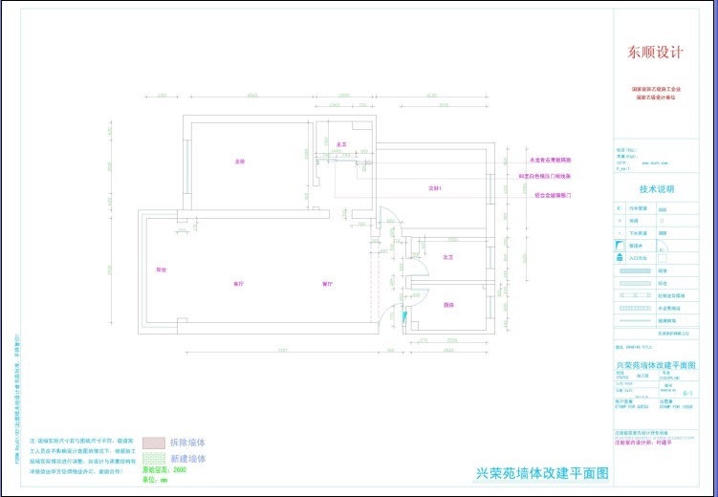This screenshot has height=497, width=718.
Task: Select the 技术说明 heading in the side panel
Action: pyautogui.click(x=657, y=189)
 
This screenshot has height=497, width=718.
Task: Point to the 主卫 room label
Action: pyautogui.click(x=340, y=144)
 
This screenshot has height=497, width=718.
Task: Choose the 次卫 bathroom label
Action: pyautogui.click(x=446, y=257)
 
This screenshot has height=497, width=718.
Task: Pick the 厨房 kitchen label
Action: pyautogui.click(x=446, y=305)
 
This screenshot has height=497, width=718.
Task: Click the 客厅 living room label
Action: pyautogui.click(x=237, y=284)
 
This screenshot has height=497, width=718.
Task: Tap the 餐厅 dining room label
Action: pyautogui.click(x=326, y=284)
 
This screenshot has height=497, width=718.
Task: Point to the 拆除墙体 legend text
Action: pyautogui.click(x=187, y=443)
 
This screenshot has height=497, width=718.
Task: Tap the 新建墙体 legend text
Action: pyautogui.click(x=187, y=459)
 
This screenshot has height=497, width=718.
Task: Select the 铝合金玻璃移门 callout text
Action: pyautogui.click(x=552, y=195)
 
